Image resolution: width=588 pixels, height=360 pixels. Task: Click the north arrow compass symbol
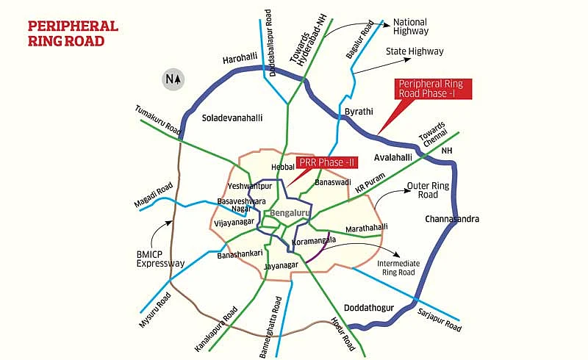(173, 79)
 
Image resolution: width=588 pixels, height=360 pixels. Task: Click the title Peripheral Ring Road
(73, 34)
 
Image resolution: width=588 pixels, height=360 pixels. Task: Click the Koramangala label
(314, 240)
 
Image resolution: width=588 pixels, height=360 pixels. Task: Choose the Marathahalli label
(366, 228)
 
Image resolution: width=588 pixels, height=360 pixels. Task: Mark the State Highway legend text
(415, 51)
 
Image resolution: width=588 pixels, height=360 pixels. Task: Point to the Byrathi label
(359, 112)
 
